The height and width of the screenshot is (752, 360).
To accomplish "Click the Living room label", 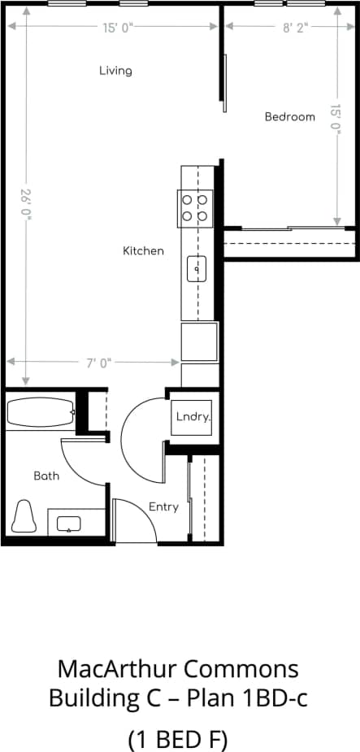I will click(x=115, y=71).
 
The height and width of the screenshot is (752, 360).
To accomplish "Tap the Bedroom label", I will click(x=289, y=117).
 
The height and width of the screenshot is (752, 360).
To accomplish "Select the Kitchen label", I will click(x=143, y=251).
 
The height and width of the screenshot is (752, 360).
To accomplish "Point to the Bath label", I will click(x=46, y=476).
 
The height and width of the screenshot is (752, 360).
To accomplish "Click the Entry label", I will click(x=163, y=507).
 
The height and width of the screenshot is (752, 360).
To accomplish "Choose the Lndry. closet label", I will click(x=193, y=417).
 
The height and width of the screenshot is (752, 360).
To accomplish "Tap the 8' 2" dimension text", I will click(x=295, y=27).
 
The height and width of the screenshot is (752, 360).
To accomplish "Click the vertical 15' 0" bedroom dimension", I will click(x=336, y=120).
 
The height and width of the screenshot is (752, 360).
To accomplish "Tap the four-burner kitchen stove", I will click(x=196, y=207).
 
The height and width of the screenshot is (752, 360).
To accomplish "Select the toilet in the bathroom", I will click(x=24, y=515).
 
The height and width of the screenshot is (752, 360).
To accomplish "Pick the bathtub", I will click(x=41, y=413).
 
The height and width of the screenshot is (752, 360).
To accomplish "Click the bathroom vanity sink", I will click(x=70, y=522).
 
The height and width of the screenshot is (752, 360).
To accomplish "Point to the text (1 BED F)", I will click(x=178, y=740).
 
